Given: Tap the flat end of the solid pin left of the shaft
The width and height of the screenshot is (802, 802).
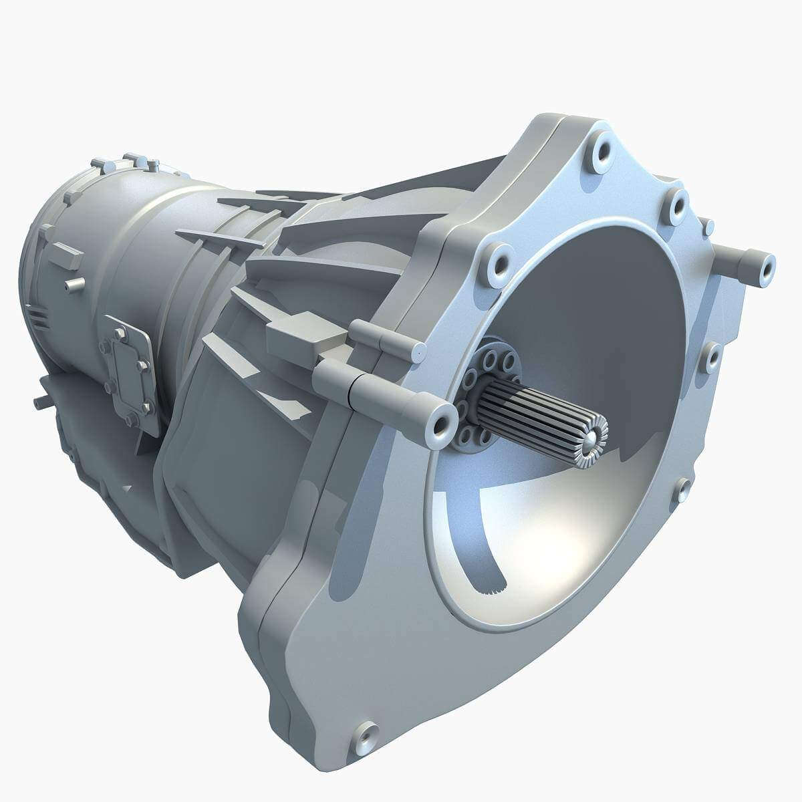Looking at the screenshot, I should [x=418, y=352].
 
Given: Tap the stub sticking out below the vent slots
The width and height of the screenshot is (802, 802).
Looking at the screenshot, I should [x=42, y=402].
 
